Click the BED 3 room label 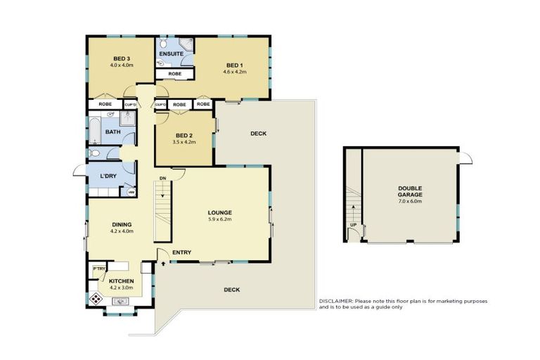[121, 58]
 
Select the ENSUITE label [171, 53]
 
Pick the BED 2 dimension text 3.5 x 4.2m [184, 142]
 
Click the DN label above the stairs [162, 178]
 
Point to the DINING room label [121, 224]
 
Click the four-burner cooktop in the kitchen [96, 298]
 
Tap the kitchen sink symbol [119, 302]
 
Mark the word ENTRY [181, 252]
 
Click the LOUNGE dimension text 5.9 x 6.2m [219, 219]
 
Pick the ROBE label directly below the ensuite [174, 73]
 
